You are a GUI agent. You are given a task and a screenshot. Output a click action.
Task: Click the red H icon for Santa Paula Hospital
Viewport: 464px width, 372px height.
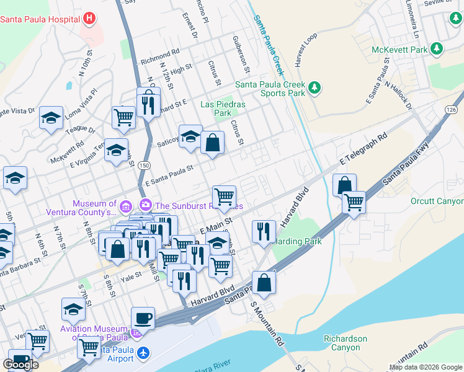tap(90, 18)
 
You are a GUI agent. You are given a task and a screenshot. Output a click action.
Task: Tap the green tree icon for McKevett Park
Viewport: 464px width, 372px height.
tap(437, 48)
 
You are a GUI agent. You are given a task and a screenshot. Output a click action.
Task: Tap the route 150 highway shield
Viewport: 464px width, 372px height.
tap(143, 166)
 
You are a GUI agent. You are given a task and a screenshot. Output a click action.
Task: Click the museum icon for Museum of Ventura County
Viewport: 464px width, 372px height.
tap(125, 206)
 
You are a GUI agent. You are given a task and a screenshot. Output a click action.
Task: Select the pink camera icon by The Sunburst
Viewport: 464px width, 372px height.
tap(146, 204)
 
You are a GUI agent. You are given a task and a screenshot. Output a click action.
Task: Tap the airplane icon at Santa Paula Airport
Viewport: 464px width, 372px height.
tap(144, 353)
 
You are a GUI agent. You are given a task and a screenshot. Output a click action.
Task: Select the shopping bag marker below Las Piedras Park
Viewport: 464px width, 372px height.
tap(212, 142)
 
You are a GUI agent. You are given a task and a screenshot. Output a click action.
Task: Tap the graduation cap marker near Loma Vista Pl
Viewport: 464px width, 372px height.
tap(51, 118)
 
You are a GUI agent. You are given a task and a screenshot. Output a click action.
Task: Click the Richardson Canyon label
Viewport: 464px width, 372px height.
tap(345, 343)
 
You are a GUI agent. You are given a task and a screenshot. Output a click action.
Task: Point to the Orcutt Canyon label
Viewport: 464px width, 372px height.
tap(437, 201)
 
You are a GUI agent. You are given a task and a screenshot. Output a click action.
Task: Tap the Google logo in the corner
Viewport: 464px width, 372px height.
tap(20, 365)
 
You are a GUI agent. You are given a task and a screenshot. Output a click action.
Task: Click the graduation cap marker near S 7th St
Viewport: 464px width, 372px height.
tap(73, 309)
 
